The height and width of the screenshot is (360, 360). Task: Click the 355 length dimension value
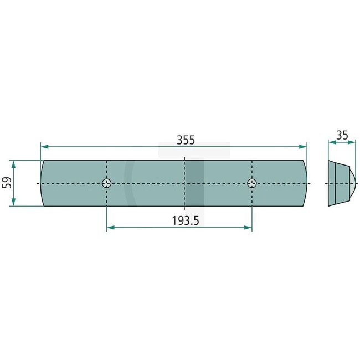pyautogui.click(x=186, y=140)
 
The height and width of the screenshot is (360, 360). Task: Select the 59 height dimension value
pyautogui.click(x=7, y=183)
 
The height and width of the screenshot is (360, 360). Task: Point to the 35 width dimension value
pyautogui.click(x=342, y=135)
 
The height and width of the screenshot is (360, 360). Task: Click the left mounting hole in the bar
pyautogui.click(x=107, y=183)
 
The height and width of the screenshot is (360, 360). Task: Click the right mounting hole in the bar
pyautogui.click(x=252, y=183)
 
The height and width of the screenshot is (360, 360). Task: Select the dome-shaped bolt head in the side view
pyautogui.click(x=351, y=183)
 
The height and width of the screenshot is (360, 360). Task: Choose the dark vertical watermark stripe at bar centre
pyautogui.click(x=194, y=183)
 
